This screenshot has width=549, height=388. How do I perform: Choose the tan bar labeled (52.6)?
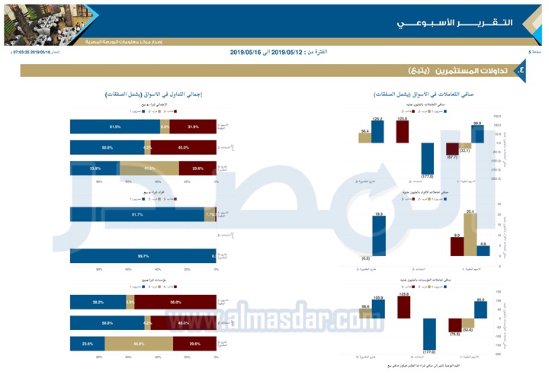467,325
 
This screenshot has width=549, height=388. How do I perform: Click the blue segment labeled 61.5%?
114,127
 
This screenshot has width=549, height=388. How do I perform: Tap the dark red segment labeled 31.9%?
194,127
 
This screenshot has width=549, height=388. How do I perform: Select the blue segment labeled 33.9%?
95,168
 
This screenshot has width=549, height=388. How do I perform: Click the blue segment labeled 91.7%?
136,216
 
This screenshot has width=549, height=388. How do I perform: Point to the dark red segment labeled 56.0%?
176,302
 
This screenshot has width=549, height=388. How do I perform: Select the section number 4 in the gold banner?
520,70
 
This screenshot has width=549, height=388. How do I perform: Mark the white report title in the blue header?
454,23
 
